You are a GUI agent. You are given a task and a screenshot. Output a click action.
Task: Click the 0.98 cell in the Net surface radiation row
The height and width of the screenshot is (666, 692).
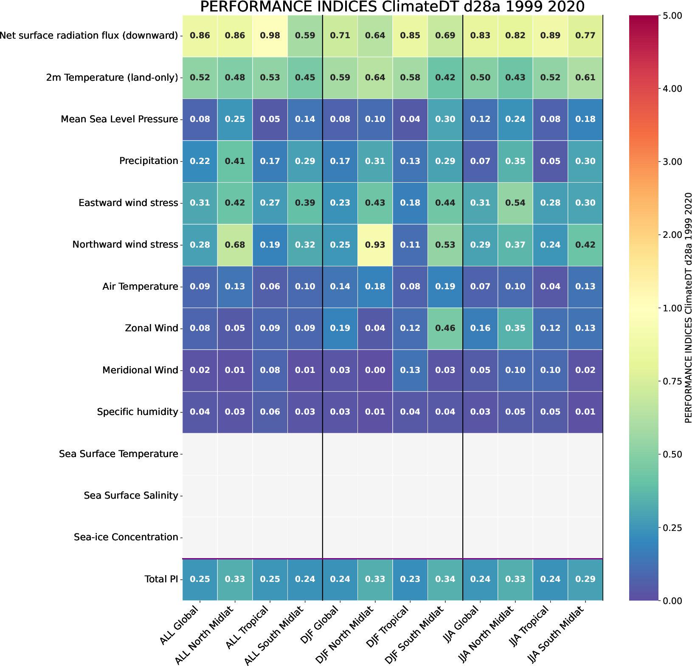270,36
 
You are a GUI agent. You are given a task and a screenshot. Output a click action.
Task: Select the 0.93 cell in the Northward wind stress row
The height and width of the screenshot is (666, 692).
375,245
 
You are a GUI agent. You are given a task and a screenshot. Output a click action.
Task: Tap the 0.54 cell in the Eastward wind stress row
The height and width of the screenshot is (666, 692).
515,203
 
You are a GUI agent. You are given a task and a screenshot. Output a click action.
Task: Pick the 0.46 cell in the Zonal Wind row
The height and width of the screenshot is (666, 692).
445,328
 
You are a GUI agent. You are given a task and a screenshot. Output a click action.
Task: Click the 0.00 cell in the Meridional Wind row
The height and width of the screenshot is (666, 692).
375,370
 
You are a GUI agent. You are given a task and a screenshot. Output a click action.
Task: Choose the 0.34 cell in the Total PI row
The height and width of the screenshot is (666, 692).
445,579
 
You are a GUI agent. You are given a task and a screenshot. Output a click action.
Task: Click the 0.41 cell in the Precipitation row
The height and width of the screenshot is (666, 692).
235,161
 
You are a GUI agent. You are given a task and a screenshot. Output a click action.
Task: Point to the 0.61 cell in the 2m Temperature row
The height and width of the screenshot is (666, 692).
585,78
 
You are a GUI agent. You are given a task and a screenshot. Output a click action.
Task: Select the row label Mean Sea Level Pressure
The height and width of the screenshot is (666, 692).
119,119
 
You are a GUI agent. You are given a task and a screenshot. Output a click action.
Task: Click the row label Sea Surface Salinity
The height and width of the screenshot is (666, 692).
131,496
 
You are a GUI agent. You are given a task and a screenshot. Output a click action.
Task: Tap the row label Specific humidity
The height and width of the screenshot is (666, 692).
137,412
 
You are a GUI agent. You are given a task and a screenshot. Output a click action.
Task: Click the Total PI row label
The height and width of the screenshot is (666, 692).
161,579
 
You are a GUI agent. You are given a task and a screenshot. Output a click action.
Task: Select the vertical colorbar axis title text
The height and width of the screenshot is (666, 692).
688,308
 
